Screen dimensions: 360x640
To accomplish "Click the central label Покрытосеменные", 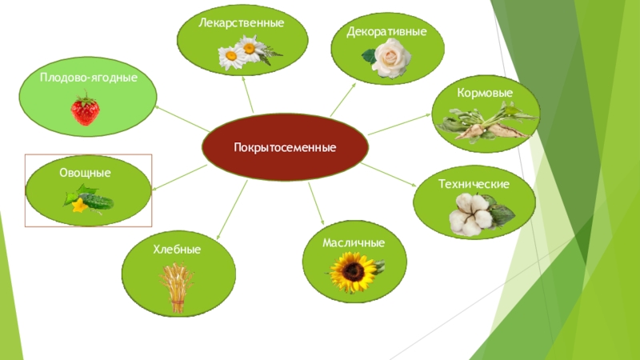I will point(285,148).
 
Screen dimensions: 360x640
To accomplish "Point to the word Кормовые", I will point(485,94).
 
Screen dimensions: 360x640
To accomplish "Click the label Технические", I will point(474,184).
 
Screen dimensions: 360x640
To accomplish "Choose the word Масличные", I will point(354,242).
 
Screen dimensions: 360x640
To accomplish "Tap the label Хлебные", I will point(177,250).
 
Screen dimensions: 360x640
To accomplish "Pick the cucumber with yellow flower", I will point(88,199).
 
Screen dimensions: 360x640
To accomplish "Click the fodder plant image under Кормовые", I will point(485,124).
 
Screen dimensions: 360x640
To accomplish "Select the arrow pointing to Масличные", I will point(316,204).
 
